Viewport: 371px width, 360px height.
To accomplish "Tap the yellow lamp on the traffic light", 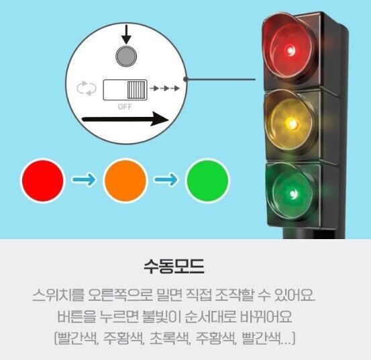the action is pos(290,124).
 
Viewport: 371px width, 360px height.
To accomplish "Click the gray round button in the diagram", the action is pos(126,56).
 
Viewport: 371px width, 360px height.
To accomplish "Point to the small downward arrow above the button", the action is pos(127,34).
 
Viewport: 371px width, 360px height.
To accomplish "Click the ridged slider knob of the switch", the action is pos(136,90).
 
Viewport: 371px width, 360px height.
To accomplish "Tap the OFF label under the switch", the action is pos(125,107).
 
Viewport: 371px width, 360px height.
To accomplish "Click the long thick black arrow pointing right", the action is pos(125,119).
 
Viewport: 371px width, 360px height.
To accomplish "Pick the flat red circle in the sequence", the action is pos(43,180).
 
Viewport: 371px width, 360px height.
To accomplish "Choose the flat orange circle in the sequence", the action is pos(125,181).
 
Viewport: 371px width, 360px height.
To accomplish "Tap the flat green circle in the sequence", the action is pos(207,180).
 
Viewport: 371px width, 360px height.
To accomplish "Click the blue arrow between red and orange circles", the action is pos(84,180).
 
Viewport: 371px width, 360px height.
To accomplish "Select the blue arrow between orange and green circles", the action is pos(166,179).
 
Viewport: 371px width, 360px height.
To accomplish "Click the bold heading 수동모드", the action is pos(174,266).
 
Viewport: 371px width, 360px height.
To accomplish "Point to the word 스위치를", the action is pos(58,295).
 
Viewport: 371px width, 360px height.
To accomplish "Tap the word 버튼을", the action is pos(76,316).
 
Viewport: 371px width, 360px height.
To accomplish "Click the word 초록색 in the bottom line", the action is pos(170,338).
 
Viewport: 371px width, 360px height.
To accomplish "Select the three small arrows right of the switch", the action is pos(164,89).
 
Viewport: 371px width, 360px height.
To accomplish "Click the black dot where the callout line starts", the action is pos(186,79).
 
